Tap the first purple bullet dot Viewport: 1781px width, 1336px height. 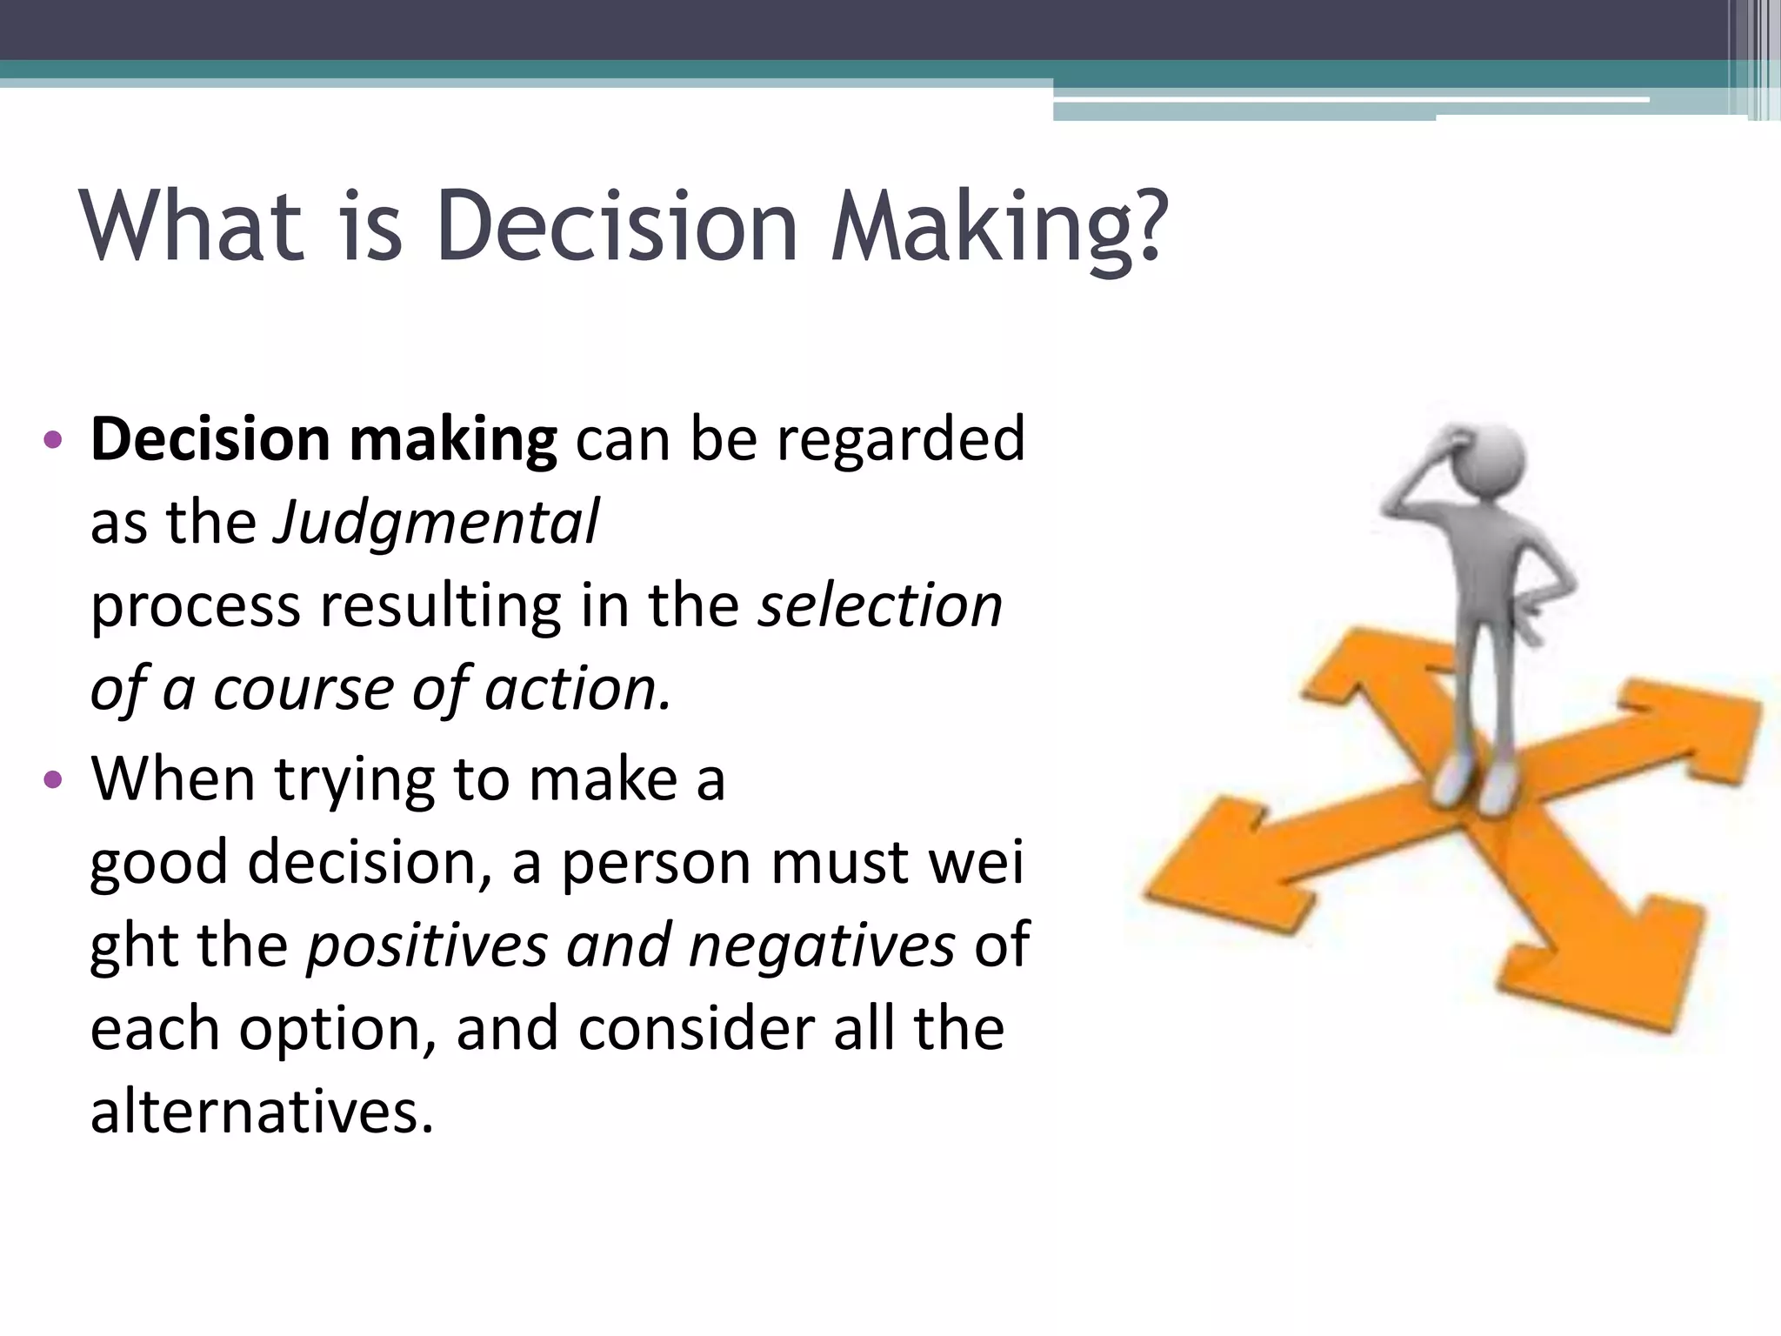pyautogui.click(x=53, y=440)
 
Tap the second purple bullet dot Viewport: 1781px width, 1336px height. pyautogui.click(x=53, y=779)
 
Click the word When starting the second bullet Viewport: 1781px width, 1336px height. pyautogui.click(x=172, y=778)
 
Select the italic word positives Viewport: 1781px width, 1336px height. pyautogui.click(x=427, y=945)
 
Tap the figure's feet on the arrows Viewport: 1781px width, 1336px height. pyautogui.click(x=1475, y=783)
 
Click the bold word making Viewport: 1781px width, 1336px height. pyautogui.click(x=452, y=439)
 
